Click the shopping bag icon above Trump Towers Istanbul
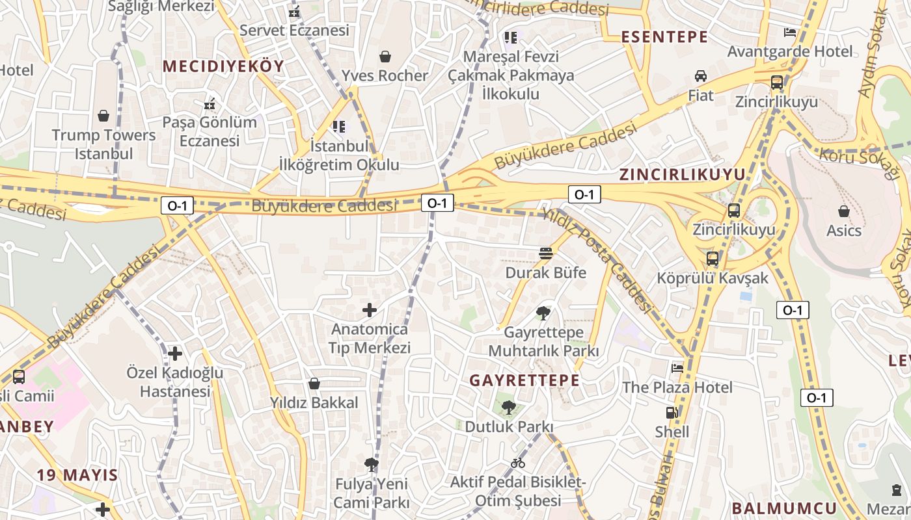point(103,116)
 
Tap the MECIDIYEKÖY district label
point(223,66)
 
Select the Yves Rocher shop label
point(385,75)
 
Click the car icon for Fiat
point(701,76)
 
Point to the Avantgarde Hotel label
point(789,51)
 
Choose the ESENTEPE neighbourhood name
point(664,37)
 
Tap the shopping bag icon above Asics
point(844,211)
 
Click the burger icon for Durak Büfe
point(545,253)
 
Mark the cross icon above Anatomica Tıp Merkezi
point(370,310)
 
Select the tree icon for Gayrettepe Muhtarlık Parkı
point(543,314)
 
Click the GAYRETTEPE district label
point(524,380)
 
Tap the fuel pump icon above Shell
point(672,413)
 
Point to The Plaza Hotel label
point(677,387)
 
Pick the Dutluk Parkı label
point(508,427)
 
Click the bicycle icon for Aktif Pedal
point(518,463)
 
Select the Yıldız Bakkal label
point(314,403)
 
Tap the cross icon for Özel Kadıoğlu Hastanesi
point(175,354)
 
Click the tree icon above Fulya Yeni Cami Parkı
point(371,464)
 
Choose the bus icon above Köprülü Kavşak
point(713,258)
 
